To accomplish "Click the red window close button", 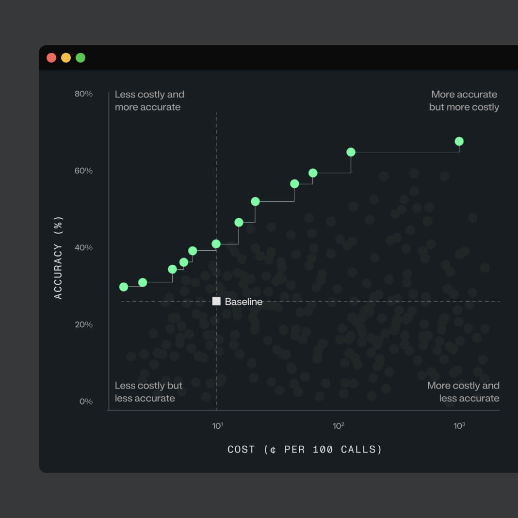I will pos(51,58).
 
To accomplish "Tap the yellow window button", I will pos(66,58).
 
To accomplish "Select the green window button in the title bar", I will pos(81,58).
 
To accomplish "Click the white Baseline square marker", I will pos(216,301).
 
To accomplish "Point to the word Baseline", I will pos(243,302).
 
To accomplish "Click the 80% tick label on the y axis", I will pos(83,94).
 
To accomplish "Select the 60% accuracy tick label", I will pos(83,171).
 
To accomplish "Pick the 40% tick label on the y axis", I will pos(83,248).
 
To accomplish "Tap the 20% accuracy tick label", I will pos(83,324).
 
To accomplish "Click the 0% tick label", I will pos(86,402).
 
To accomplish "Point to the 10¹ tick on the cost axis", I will pos(217,426).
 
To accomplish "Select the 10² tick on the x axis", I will pos(338,426).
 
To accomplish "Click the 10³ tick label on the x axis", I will pos(459,426).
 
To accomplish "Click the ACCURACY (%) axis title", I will pos(58,258).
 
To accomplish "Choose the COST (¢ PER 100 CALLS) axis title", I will pos(305,450).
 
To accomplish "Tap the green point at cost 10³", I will pos(459,142).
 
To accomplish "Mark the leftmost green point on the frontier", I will pos(124,287).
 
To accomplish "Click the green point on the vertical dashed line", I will pos(216,244).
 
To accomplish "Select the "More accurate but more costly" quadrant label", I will pos(464,101).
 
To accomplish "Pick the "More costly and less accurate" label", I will pos(463,392).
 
